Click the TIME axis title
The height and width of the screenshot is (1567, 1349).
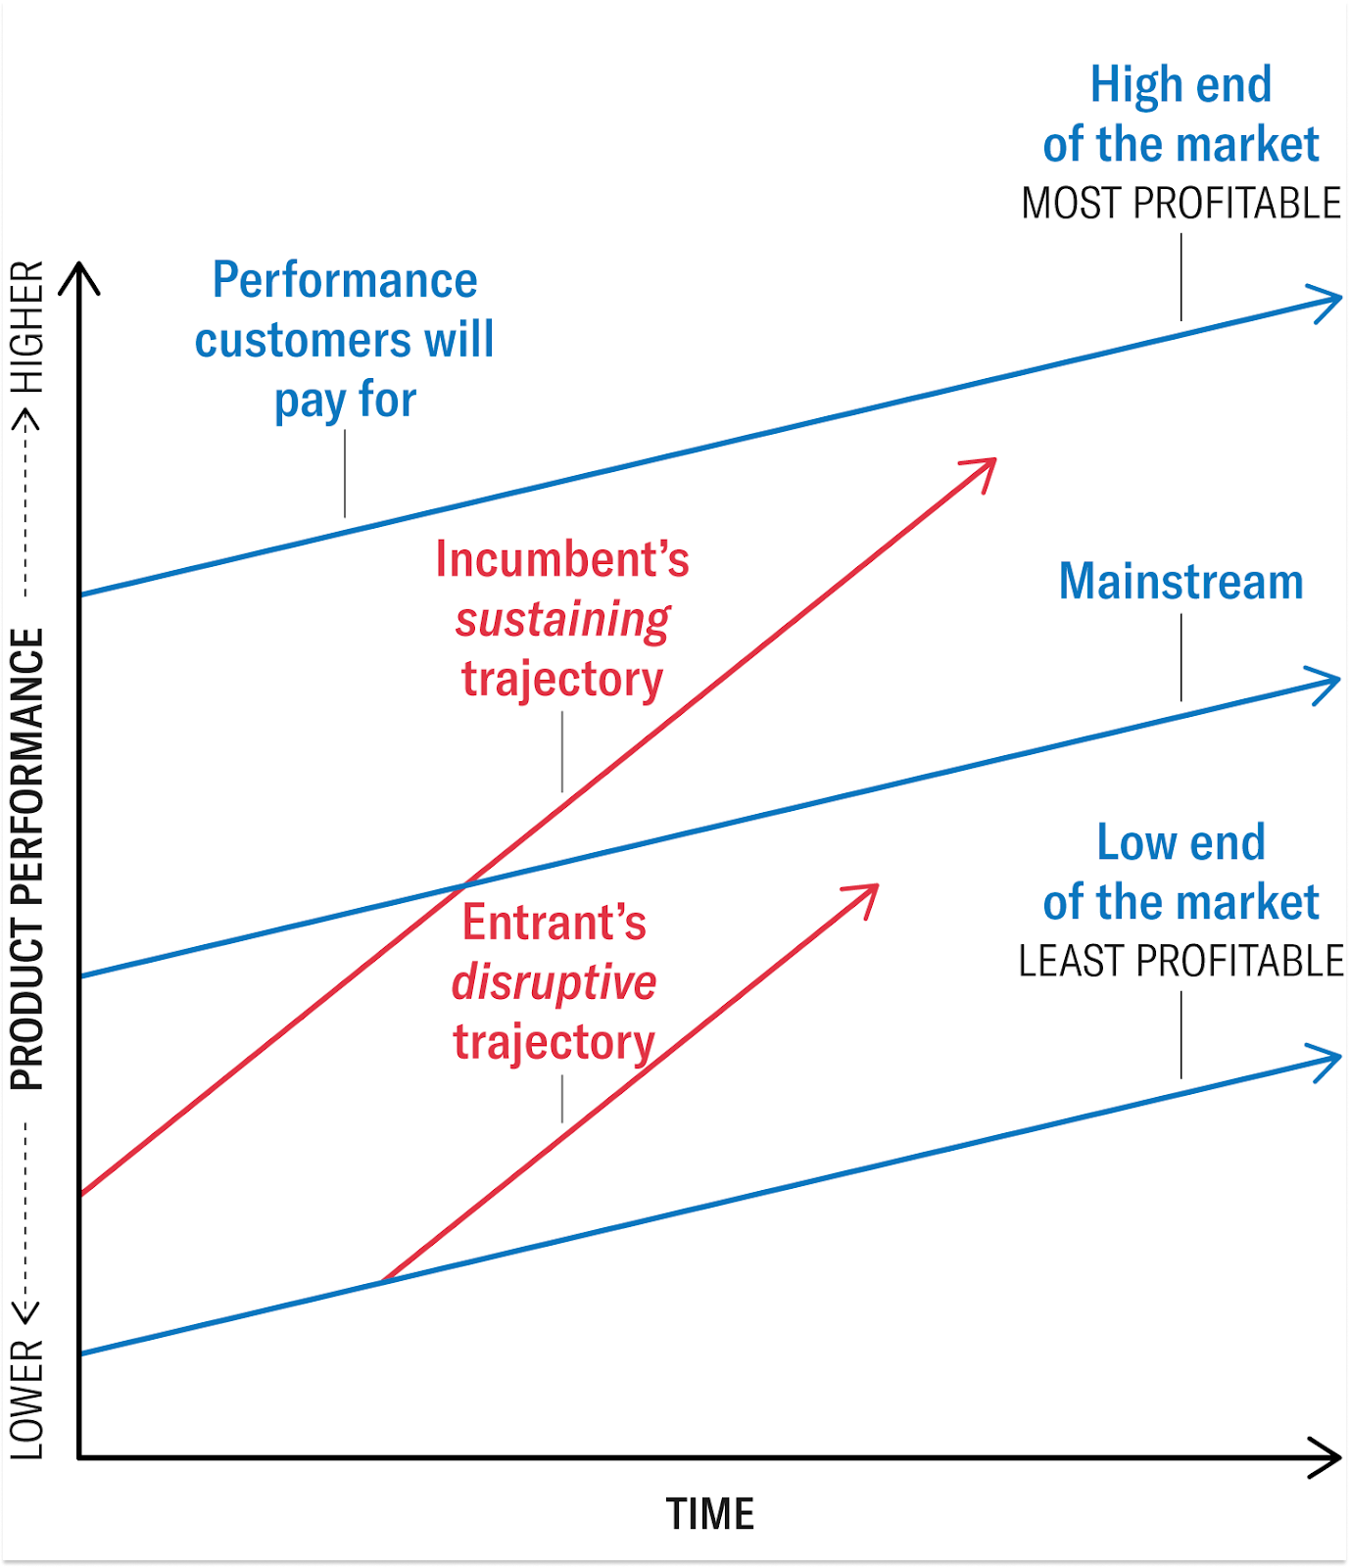710,1514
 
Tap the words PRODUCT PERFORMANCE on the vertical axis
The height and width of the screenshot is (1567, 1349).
27,859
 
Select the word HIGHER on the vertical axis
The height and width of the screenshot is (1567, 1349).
27,327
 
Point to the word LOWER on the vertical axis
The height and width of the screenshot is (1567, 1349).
27,1401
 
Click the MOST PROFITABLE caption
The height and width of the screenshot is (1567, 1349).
1180,204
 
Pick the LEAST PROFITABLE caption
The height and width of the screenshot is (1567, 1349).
1180,962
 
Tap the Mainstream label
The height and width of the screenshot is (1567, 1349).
1180,582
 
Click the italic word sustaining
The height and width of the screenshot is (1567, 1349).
562,620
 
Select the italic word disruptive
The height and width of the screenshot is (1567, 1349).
554,982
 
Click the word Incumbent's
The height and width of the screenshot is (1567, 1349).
562,559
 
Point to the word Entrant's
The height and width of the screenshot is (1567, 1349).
554,923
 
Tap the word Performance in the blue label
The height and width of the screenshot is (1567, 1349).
345,281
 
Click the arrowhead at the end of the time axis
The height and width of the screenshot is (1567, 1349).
1328,1458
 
